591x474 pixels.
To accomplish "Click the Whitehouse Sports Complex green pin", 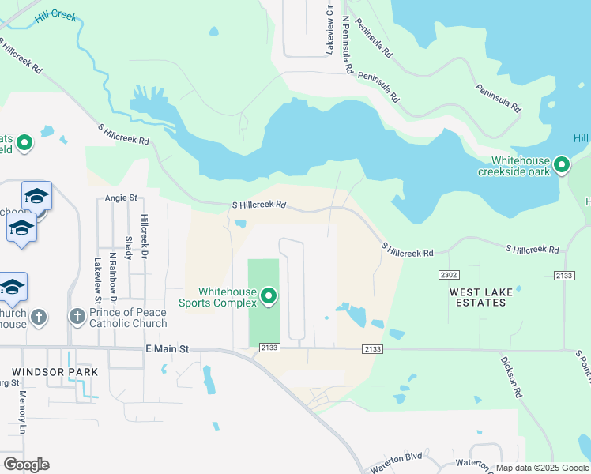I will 269,297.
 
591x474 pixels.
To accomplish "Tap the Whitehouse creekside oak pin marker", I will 562,164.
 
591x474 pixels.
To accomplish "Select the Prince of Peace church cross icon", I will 77,317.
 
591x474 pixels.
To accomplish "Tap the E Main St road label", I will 167,348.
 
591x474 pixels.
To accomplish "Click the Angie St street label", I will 121,198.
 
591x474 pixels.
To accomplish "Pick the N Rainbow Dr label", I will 113,277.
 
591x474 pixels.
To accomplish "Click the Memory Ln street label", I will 23,411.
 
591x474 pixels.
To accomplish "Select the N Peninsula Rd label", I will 346,44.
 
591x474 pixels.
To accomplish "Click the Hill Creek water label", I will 55,16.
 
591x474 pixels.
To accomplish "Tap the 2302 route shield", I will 449,274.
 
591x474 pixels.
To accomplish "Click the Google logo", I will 26,465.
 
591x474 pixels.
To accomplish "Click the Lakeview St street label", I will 97,280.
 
